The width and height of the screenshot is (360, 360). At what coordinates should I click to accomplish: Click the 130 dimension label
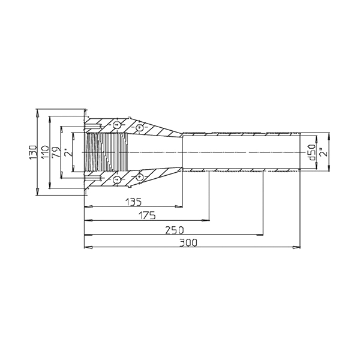(x=32, y=152)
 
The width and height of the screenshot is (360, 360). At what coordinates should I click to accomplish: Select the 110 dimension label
(x=44, y=152)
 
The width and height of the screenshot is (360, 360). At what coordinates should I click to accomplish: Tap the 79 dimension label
(x=56, y=152)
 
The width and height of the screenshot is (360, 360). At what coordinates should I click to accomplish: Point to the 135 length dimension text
(x=133, y=202)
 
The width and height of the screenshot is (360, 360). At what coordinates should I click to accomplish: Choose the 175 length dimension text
(x=147, y=215)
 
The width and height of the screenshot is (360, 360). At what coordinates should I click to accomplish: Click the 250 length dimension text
(x=175, y=230)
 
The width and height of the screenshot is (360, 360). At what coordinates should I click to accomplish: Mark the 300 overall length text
(x=188, y=242)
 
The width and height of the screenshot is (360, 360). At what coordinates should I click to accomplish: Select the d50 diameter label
(x=312, y=152)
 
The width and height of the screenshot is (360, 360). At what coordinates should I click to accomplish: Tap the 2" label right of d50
(x=324, y=152)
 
